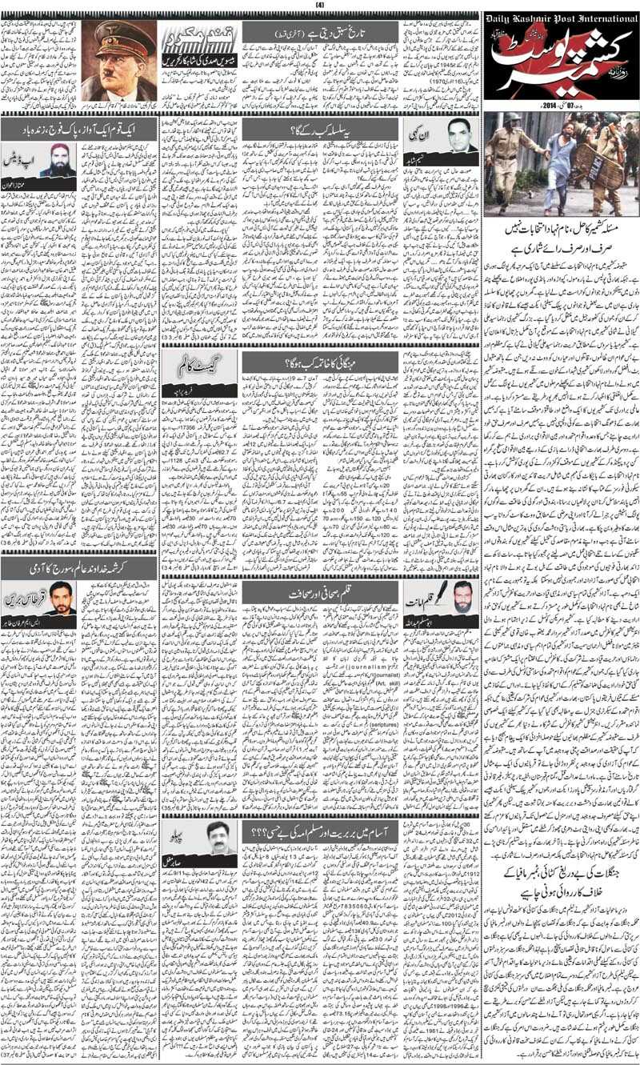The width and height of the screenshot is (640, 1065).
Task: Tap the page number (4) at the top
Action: tap(319, 6)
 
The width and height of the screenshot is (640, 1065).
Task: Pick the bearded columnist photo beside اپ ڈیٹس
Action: tap(57, 159)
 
